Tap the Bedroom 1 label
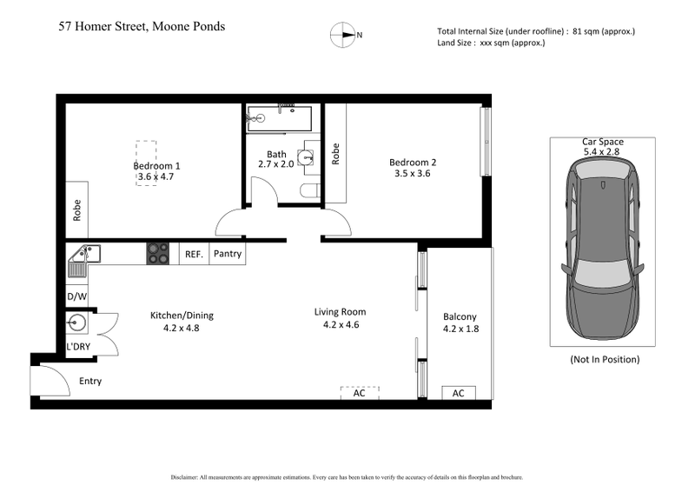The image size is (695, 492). tap(156, 165)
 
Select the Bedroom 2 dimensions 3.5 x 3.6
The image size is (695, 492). tap(413, 174)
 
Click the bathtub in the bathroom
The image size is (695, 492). tap(279, 119)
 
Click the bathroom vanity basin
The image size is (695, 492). tap(305, 157)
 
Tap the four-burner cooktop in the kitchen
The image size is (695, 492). tap(158, 253)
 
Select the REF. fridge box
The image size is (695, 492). tap(194, 255)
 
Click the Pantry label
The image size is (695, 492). tap(227, 255)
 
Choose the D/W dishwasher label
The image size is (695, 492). tap(76, 296)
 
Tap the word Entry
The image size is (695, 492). tap(90, 381)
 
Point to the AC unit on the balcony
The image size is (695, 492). tap(458, 393)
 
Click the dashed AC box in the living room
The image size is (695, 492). tap(359, 393)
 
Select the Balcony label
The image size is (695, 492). tap(460, 316)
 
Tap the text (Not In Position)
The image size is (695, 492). tap(604, 359)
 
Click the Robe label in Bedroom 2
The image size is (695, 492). tap(335, 154)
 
